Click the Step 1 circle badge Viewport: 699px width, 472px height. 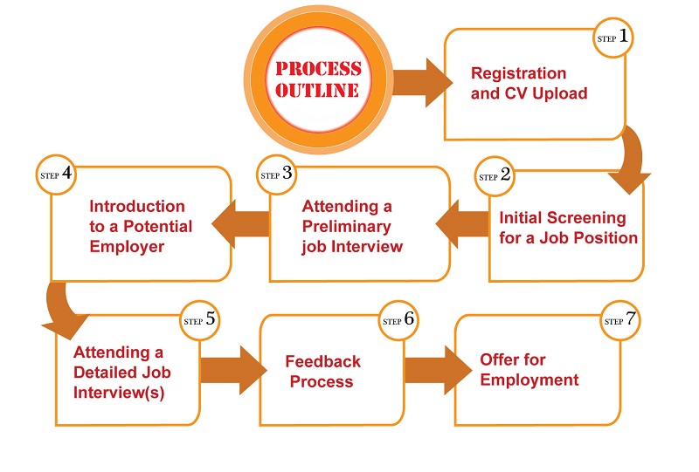coord(613,38)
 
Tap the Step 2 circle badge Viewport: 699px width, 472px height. coord(495,176)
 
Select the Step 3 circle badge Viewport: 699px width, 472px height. coord(276,174)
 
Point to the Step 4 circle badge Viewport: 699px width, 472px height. coord(56,174)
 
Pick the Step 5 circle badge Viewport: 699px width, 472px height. coord(200,320)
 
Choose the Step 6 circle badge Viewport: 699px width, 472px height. coord(398,320)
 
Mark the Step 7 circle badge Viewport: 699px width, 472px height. coord(620,320)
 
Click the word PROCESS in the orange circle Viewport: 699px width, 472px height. coord(318,69)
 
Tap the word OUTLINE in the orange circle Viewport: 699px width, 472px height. coord(317,91)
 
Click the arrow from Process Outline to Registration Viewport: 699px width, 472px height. coord(422,82)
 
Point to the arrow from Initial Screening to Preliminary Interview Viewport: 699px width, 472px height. coord(462,223)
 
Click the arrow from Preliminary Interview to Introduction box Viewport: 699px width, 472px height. coord(241,223)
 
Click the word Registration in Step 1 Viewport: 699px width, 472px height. coord(518,73)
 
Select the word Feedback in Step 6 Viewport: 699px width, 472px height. coord(322,361)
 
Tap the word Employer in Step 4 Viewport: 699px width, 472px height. coord(127,247)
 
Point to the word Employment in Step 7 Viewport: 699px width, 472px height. coord(529,380)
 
